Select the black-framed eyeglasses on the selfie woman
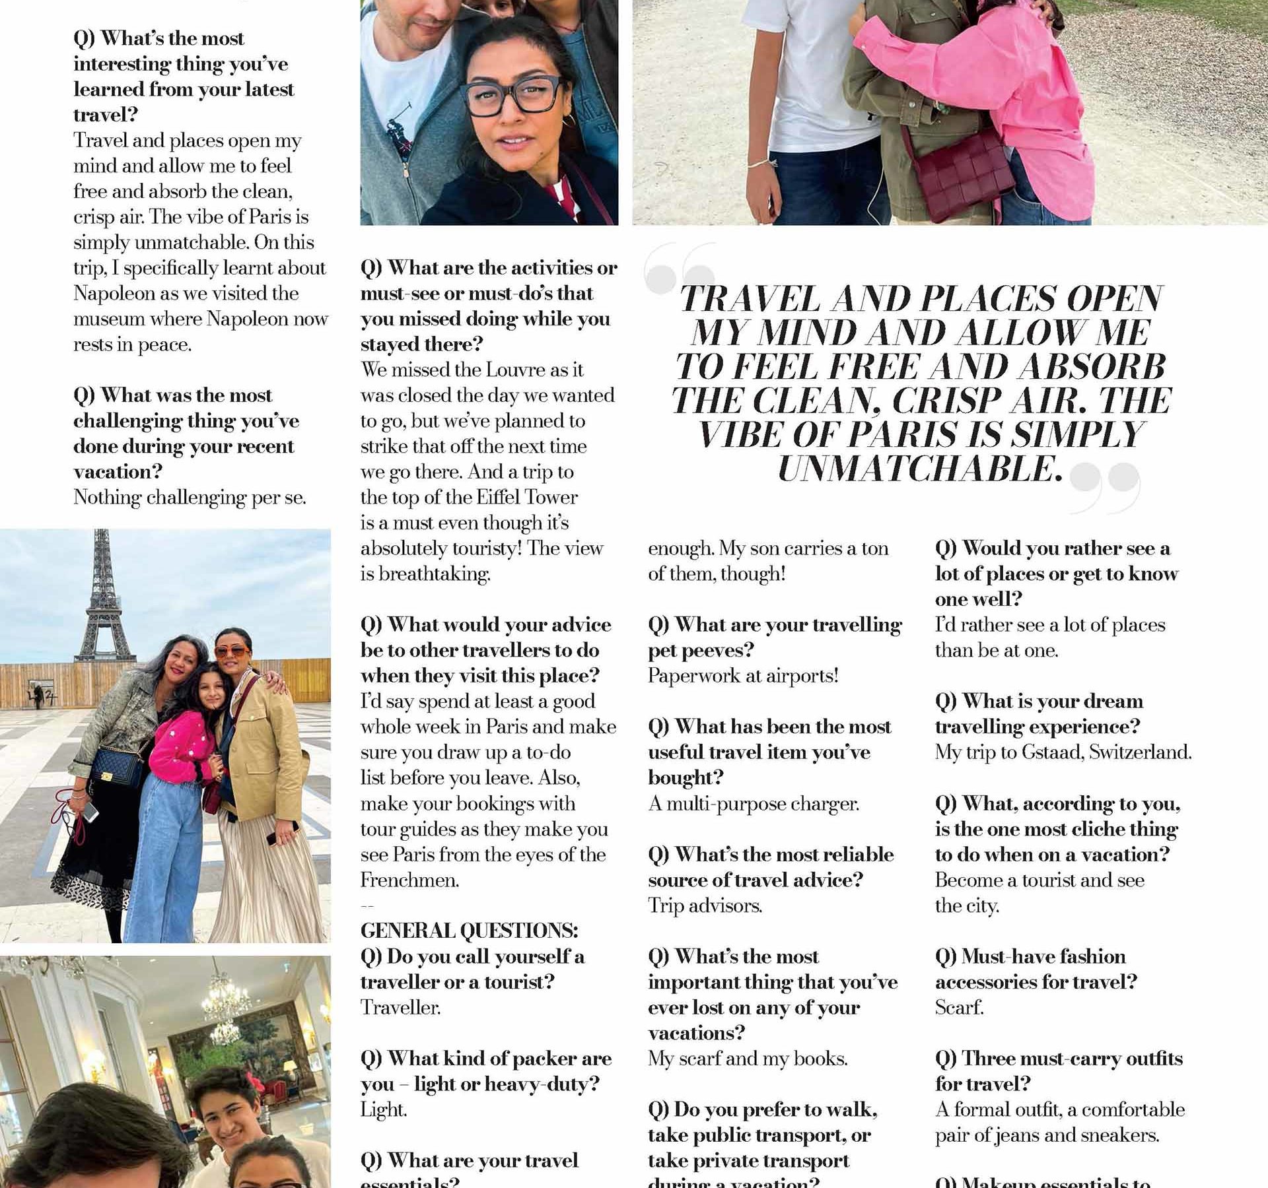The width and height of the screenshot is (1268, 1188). pos(512,98)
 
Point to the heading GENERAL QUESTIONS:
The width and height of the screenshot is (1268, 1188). pos(469,931)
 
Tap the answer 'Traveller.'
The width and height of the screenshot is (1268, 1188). pos(400,1008)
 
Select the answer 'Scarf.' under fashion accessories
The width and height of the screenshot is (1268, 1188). pos(959,1008)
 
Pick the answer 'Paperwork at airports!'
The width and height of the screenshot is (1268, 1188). pos(743,676)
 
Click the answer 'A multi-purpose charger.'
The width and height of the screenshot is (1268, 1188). pos(754,804)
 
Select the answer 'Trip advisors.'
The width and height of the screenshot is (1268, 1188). pos(705,906)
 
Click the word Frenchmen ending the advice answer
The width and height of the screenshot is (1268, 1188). pos(409,880)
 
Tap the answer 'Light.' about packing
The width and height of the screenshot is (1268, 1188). pos(383,1110)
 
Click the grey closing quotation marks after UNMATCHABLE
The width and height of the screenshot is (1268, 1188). pos(1104,486)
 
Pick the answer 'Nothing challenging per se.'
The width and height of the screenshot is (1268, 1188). pos(190,497)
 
